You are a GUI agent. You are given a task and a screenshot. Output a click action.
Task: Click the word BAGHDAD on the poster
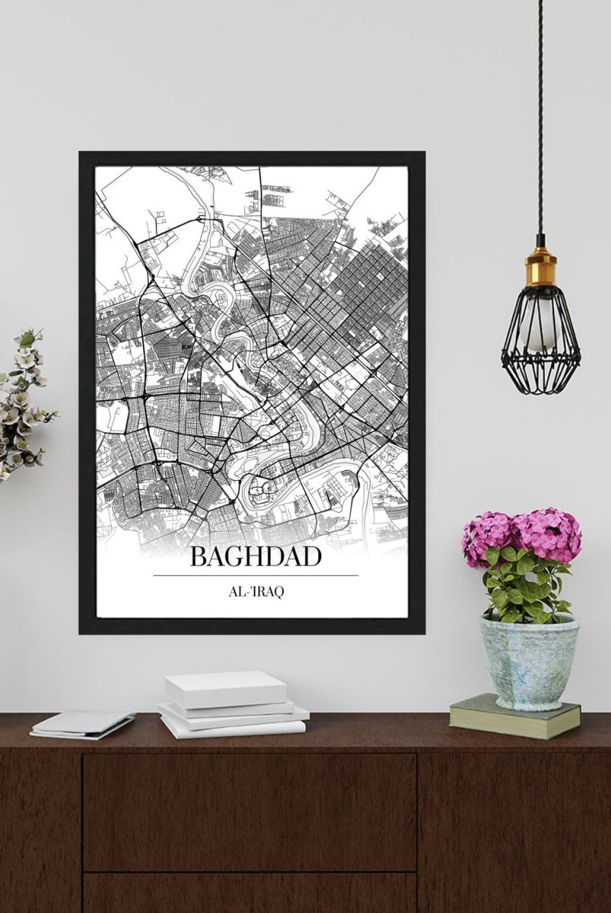(x=255, y=556)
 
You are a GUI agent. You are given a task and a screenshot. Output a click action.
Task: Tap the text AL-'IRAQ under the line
(x=255, y=592)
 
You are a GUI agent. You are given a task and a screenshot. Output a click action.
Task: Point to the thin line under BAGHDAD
(x=255, y=575)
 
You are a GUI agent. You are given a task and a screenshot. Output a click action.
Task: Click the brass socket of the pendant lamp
(x=540, y=266)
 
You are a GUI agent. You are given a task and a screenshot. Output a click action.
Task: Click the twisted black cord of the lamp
(x=540, y=114)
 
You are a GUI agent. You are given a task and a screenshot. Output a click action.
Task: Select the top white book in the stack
(x=226, y=688)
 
